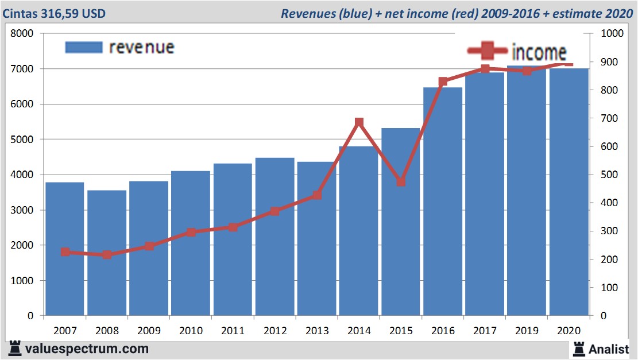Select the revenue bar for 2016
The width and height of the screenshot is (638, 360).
point(443,201)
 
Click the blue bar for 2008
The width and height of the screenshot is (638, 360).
point(107,253)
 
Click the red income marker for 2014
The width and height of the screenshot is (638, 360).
point(359,122)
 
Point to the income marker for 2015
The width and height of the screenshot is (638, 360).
point(401,181)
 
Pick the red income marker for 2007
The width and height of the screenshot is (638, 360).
point(65,252)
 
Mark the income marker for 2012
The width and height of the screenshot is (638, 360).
point(274,211)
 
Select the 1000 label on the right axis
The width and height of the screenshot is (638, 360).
point(611,34)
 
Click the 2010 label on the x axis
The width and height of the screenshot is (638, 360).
point(191,331)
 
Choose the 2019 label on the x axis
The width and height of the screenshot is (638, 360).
point(527,331)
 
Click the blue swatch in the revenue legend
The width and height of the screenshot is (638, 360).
point(84,47)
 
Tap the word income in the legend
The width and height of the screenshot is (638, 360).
point(539,53)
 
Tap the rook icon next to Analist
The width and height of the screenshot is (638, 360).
point(579,348)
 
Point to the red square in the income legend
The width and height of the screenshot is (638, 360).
point(488,51)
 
